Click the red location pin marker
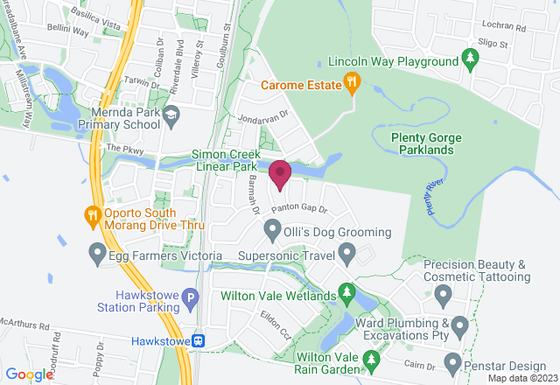pos(280,174)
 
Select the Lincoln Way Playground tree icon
pos(471,60)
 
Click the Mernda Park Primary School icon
pos(171,114)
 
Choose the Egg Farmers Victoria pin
pos(98,255)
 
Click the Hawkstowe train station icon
pos(200,340)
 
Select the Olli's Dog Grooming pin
pos(272,232)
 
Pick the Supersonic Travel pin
pos(347,256)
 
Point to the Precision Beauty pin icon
pos(442,294)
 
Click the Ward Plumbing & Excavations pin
pos(460,328)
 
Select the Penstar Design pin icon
pos(452,361)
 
